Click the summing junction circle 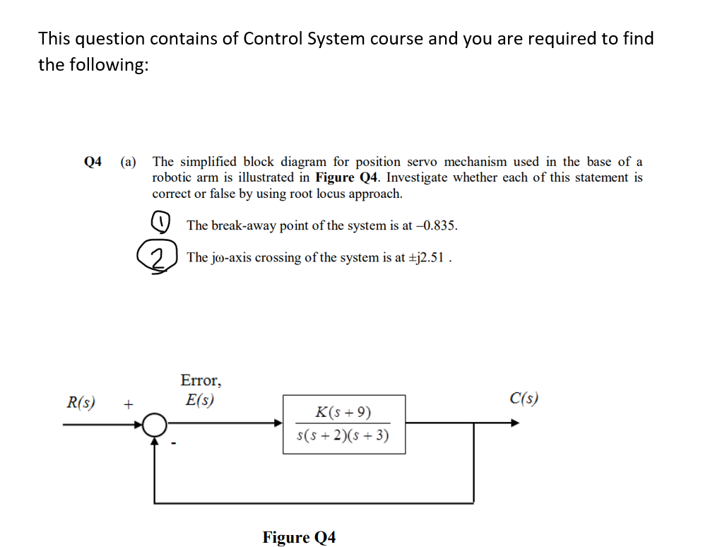[x=155, y=425]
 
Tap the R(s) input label [x=81, y=403]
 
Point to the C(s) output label [x=524, y=399]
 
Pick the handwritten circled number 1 [x=161, y=223]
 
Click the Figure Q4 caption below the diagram [x=299, y=537]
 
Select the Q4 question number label [x=93, y=162]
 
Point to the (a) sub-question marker [x=129, y=162]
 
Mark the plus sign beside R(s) [x=128, y=405]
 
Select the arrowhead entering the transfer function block [x=278, y=424]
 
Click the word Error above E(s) [x=201, y=381]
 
